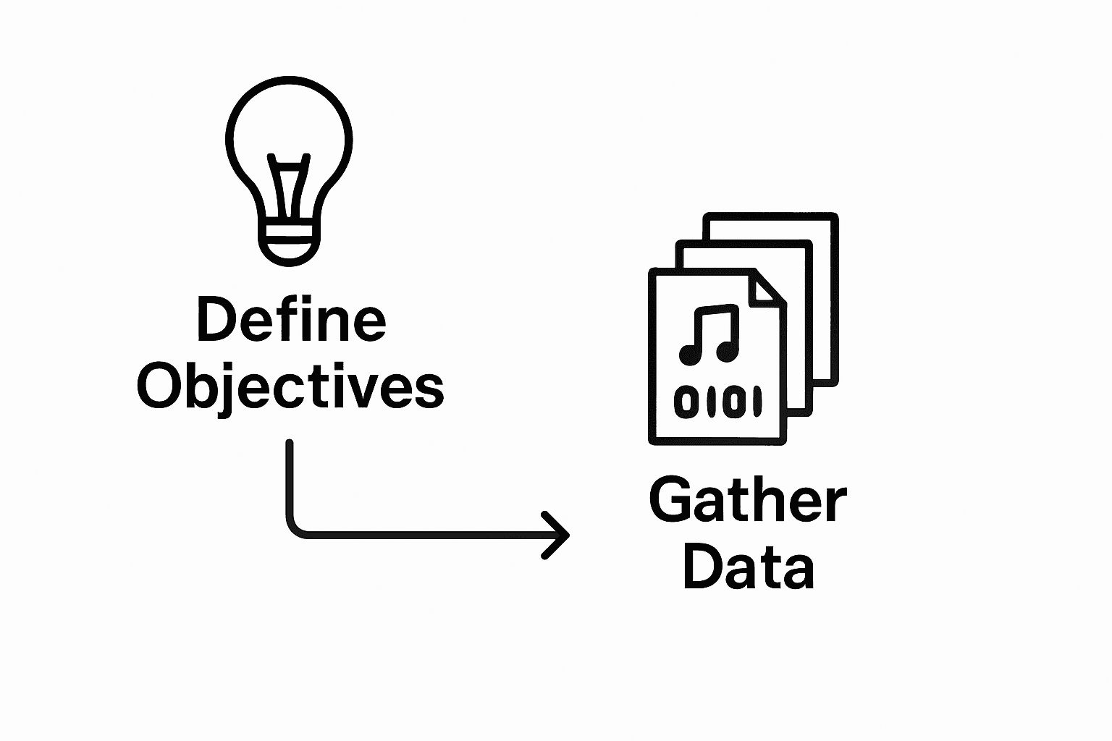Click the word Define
(291, 321)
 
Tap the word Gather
(747, 501)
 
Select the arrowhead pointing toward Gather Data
(557, 535)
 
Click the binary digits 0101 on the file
(717, 402)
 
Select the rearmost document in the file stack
(825, 289)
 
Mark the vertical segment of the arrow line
(290, 478)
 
